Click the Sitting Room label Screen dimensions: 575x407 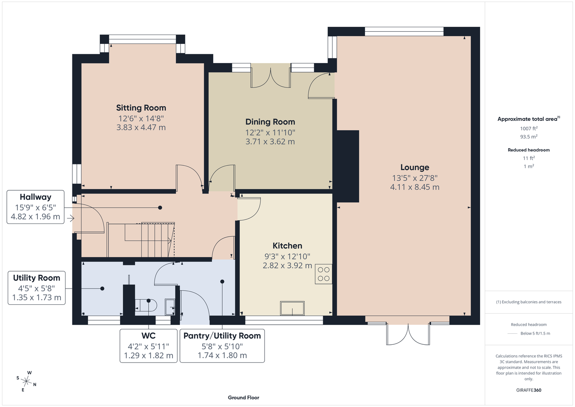click(x=141, y=108)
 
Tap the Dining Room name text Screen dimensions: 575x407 click(x=270, y=122)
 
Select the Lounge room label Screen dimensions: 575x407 click(x=415, y=167)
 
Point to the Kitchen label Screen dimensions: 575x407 click(x=287, y=246)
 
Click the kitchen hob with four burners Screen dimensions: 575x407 click(x=324, y=274)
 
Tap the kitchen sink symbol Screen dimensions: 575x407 click(x=292, y=308)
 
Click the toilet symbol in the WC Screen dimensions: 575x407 click(x=146, y=305)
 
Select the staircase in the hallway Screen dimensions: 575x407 click(x=141, y=240)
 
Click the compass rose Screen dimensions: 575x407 click(x=26, y=381)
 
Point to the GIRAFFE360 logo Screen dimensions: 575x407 click(x=529, y=390)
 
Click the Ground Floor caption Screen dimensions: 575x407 click(x=243, y=398)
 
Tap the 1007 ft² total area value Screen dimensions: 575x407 click(x=529, y=128)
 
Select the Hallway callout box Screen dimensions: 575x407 click(x=35, y=207)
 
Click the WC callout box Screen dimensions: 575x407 click(x=149, y=346)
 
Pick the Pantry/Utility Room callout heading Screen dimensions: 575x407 click(x=222, y=336)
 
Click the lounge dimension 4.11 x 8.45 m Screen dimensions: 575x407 click(x=415, y=187)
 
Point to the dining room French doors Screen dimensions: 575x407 click(x=271, y=76)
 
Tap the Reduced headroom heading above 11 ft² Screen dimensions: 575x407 click(x=529, y=150)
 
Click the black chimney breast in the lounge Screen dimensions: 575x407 click(x=348, y=166)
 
